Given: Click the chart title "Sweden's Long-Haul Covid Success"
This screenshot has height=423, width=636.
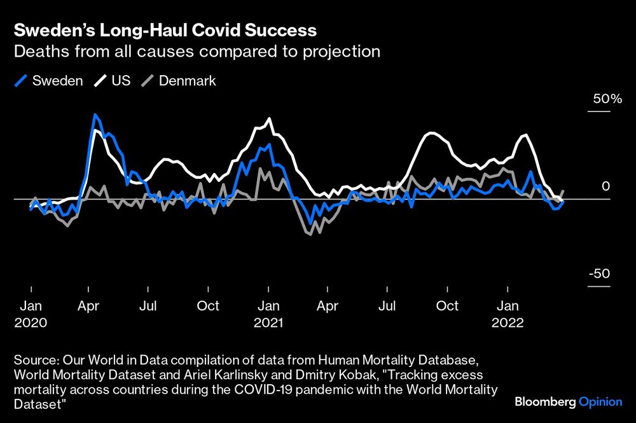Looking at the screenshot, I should tap(165, 30).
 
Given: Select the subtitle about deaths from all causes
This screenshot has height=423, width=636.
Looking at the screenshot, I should tap(197, 52).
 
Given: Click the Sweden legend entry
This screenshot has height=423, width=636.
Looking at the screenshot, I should tap(49, 81).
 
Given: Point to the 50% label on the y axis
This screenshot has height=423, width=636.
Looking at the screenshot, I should tap(607, 99).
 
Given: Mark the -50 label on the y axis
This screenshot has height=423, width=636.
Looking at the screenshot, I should tap(599, 274).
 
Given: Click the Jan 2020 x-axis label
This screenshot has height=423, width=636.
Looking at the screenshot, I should tap(31, 314).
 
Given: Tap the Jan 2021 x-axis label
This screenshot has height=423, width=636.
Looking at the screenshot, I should tap(268, 314).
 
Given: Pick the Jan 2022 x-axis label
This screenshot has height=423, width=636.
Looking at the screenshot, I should tap(507, 314).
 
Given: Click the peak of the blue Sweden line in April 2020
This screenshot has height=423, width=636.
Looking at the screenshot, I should tap(95, 115).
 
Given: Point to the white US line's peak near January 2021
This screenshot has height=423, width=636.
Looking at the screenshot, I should tap(270, 119).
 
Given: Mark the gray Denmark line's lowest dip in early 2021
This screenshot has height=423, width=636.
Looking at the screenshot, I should tap(308, 234).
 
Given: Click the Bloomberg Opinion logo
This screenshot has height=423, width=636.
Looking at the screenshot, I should tap(568, 402).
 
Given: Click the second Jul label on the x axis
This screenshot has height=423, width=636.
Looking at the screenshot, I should tap(387, 306).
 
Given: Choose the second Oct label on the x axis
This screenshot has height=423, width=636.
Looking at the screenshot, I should tap(447, 306).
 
